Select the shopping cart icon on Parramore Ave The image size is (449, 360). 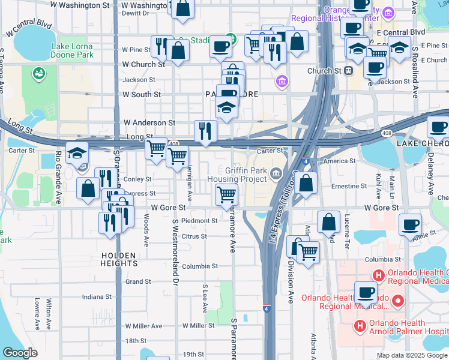point(226,194)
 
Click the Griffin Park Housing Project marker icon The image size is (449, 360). point(276,174)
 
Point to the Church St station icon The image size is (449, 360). point(349,71)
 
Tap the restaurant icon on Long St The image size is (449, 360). point(206,131)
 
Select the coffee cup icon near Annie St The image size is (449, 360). point(411,224)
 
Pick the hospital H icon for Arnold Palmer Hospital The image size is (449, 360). point(360,326)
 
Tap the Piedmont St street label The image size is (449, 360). point(199,221)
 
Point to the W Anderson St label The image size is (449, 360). point(149,122)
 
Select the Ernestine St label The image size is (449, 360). point(349,187)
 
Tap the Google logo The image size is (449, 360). point(20,353)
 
